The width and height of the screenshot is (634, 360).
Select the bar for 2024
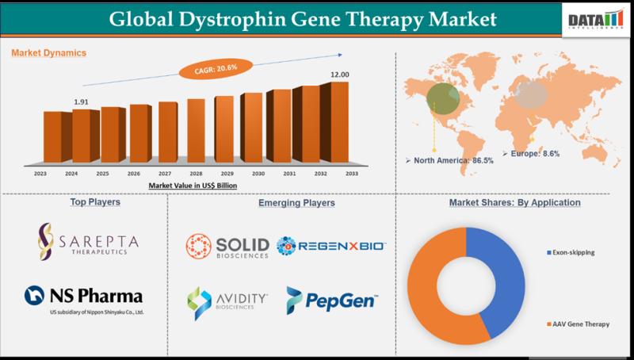pos(82,136)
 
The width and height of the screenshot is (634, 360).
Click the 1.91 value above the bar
pos(81,102)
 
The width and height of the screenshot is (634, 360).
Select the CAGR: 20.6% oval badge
pos(213,71)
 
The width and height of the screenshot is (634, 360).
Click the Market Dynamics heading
pos(49,53)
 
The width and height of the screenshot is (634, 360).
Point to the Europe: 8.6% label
pos(535,153)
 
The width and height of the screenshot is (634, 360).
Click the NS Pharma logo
pos(84,299)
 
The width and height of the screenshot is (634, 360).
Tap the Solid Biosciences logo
pos(227,246)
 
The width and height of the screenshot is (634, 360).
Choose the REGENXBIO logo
pos(331,246)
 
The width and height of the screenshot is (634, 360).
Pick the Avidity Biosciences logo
pos(227,301)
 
